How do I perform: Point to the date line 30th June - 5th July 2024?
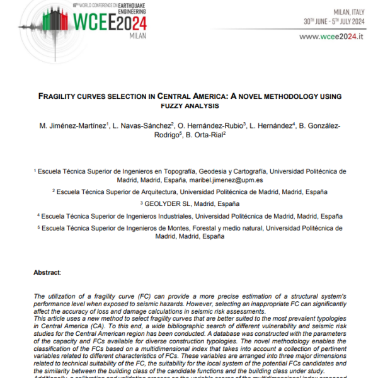[334, 21]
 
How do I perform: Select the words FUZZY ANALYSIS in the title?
[189, 105]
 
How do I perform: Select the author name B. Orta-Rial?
[205, 135]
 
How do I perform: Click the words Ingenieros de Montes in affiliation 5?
[162, 228]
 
